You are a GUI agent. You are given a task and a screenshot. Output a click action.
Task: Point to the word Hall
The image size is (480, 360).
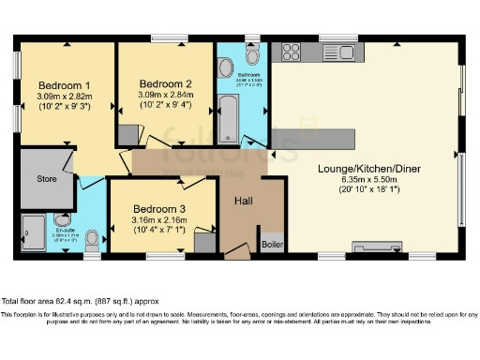point(243,200)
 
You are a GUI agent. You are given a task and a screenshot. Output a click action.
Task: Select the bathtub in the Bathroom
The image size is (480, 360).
point(231,123)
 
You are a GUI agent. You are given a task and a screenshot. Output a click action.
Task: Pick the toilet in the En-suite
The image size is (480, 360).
point(92,242)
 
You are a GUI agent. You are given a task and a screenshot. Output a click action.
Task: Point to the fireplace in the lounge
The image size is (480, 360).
point(373,248)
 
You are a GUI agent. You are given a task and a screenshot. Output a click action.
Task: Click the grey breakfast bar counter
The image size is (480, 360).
point(314,140)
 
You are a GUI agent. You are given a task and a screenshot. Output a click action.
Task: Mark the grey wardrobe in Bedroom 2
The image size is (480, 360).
point(127,135)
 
